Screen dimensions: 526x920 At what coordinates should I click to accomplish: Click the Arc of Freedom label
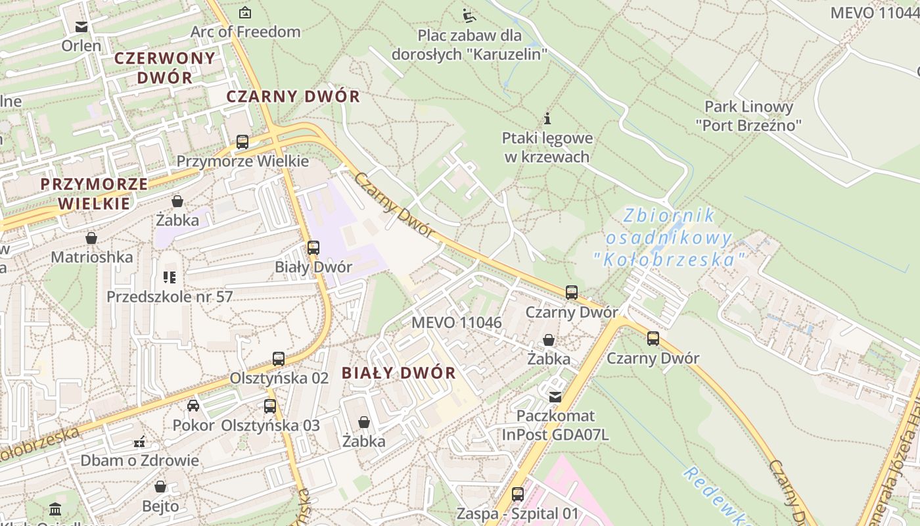point(245,32)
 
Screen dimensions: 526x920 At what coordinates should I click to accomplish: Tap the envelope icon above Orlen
point(81,27)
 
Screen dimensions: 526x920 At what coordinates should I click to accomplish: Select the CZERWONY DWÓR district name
point(164,67)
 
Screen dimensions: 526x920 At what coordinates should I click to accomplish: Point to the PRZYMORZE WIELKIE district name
point(94,193)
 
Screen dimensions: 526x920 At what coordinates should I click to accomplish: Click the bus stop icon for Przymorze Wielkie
point(242,141)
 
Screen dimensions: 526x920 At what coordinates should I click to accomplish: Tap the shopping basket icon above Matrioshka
point(91,237)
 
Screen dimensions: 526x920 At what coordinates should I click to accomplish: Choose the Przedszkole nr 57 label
point(170,297)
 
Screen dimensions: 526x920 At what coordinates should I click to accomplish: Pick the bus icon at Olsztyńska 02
point(279,359)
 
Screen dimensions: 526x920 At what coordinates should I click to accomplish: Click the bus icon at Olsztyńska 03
point(270,406)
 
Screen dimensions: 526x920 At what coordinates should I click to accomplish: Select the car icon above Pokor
point(193,405)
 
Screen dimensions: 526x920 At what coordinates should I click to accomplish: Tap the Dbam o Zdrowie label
point(139,460)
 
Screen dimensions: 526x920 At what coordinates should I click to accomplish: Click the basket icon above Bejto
point(160,487)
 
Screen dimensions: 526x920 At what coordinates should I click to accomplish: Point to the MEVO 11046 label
point(457,323)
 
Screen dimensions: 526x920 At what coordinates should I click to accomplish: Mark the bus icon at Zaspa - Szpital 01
point(518,494)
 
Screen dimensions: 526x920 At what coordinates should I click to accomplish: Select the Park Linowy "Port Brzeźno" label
point(748,116)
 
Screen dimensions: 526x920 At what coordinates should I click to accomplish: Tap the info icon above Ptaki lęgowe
point(547,119)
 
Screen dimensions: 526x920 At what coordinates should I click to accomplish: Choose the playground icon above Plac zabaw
point(469,14)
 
